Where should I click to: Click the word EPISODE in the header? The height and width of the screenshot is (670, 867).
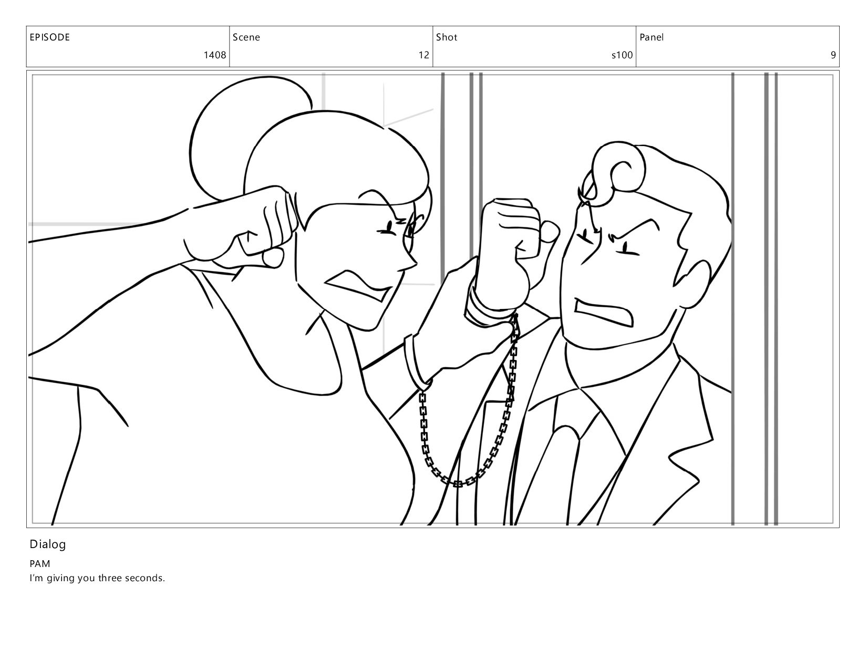49,37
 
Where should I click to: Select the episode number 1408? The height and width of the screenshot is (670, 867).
215,55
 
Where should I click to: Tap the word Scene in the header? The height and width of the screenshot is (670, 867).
246,37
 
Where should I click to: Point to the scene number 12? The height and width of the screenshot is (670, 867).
424,55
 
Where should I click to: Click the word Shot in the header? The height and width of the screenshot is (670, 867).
447,37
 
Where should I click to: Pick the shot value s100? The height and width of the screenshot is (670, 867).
622,55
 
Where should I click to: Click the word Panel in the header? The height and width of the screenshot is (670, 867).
652,37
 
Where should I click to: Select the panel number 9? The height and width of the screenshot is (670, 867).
833,55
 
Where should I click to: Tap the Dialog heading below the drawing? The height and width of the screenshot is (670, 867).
48,544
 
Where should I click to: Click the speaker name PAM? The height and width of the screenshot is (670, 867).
40,564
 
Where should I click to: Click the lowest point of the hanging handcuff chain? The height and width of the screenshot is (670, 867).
458,484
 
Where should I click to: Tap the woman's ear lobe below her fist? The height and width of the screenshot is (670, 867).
274,257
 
